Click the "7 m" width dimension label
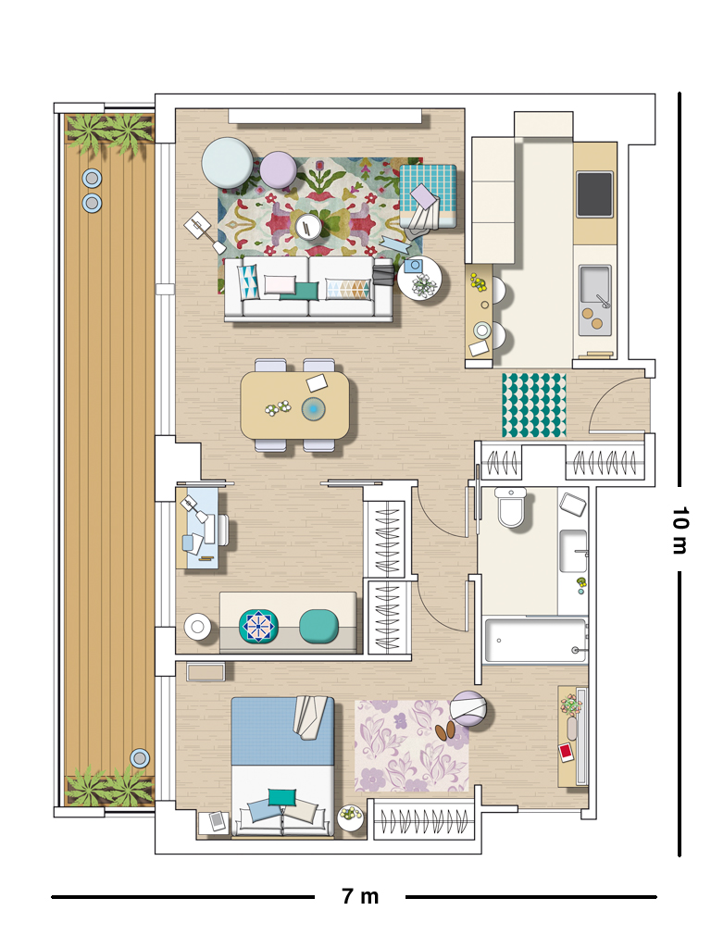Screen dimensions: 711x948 tap(360, 896)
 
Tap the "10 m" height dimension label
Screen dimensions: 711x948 tap(680, 530)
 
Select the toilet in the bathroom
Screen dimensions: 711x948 tap(511, 507)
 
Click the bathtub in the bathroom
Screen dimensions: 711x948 tap(535, 640)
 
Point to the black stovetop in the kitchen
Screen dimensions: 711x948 tap(595, 194)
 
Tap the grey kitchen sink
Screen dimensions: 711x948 tap(595, 300)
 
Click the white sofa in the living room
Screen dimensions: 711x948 tap(308, 288)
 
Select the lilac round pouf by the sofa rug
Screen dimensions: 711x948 tap(278, 169)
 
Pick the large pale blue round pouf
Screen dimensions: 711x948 tap(228, 163)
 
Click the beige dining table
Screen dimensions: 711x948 tap(295, 405)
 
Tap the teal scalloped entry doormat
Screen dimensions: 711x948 tap(534, 405)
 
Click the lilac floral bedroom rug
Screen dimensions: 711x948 tap(411, 745)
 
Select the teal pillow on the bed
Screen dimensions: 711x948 tap(282, 797)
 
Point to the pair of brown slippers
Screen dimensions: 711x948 tap(445, 731)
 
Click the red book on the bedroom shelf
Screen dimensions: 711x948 tap(566, 752)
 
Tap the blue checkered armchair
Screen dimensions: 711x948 tap(428, 196)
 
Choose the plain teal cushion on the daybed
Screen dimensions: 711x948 tap(318, 626)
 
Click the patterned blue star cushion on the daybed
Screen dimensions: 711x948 tap(259, 627)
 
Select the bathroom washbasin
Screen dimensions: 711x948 tap(573, 551)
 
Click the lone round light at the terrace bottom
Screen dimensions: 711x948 tap(140, 758)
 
